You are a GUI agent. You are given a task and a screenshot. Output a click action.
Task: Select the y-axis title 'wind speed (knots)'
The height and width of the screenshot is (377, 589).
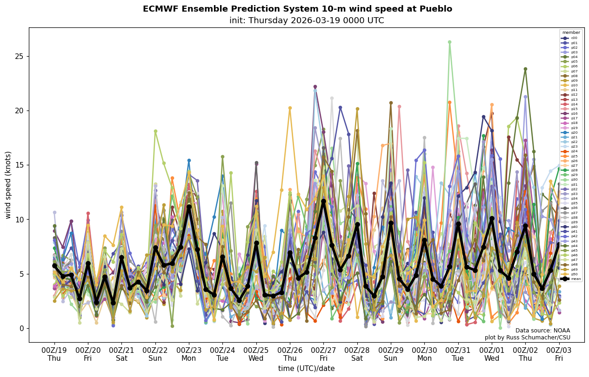coord(8,185)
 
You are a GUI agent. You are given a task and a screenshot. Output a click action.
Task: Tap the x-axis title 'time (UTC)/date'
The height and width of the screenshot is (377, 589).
coord(306,368)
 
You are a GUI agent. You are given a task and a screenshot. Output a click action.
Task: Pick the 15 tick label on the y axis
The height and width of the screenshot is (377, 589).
coord(20,165)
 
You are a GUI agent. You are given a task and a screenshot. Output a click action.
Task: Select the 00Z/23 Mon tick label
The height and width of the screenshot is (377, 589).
coord(189,354)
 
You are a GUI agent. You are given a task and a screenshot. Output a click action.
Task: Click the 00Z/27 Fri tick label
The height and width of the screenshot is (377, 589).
coord(323,354)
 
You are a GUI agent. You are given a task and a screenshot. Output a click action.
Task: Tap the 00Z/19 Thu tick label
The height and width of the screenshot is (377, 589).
coord(54,354)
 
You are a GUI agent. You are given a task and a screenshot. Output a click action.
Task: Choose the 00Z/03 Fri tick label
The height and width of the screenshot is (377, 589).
coord(559,354)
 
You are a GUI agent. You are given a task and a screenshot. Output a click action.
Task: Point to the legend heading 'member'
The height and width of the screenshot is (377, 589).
coord(571,32)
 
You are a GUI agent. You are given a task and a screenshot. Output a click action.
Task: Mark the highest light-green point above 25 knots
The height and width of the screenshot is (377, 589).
coord(449,42)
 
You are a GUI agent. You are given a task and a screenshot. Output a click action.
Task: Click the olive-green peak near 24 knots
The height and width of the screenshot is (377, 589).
coord(525,69)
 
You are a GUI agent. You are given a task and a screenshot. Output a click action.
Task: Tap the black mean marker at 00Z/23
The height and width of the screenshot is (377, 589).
coord(189,207)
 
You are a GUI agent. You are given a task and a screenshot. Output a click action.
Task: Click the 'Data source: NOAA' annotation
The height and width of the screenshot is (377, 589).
coord(542,331)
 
